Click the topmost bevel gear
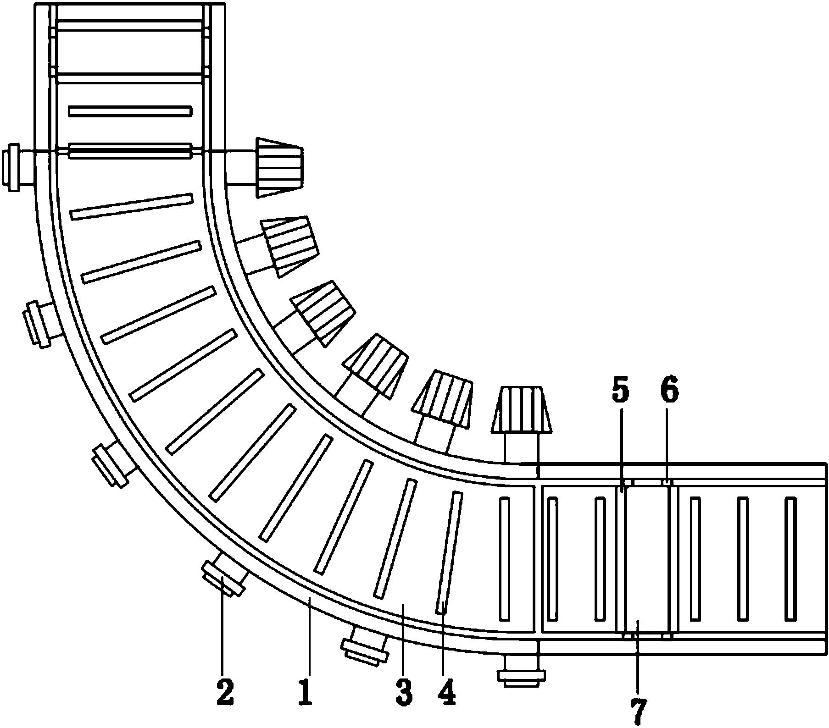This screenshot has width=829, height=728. (279, 167)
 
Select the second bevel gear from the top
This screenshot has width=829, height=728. (289, 246)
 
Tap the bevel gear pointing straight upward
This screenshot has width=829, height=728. (521, 410)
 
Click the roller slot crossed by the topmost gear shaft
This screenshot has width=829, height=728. (130, 151)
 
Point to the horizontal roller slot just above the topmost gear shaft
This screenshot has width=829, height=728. (130, 111)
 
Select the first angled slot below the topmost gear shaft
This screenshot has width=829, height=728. (132, 207)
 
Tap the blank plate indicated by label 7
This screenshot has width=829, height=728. (647, 559)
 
